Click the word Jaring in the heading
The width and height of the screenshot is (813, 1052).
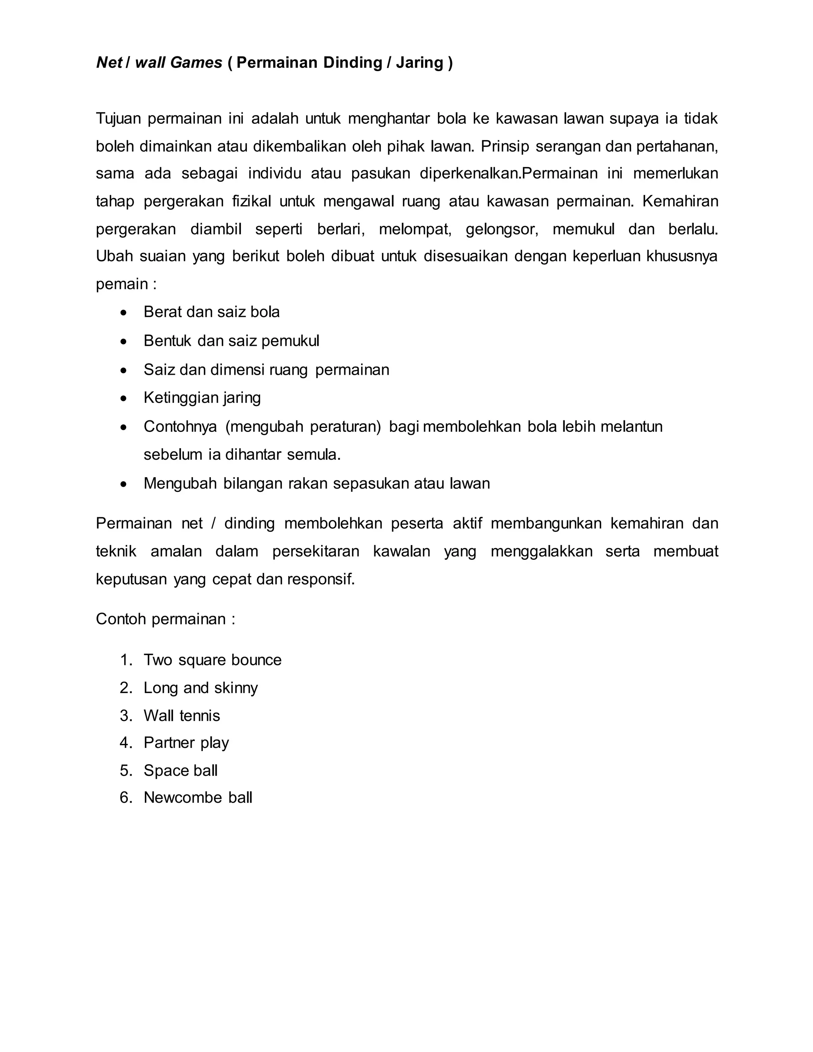tap(419, 63)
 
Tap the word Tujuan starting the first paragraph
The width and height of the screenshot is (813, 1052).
tap(118, 118)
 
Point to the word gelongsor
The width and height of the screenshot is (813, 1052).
tap(501, 229)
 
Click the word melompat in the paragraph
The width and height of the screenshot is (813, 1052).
tap(415, 229)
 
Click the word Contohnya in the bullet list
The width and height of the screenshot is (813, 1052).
tap(180, 427)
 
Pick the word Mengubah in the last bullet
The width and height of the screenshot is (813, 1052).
tap(180, 484)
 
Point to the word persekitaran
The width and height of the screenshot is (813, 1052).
tap(316, 551)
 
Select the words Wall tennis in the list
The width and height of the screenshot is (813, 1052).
tap(181, 716)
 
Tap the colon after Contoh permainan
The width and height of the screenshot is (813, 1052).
tap(233, 619)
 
